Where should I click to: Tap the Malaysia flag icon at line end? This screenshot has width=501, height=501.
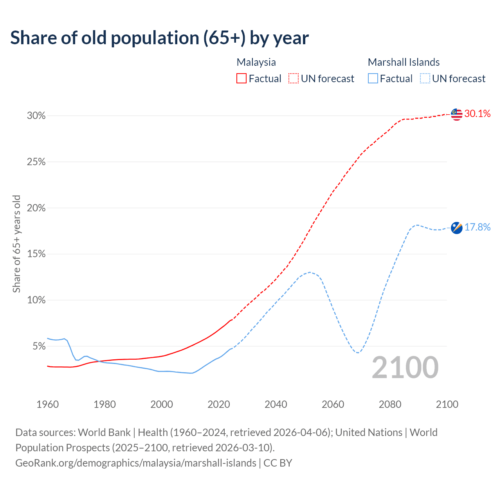point(456,114)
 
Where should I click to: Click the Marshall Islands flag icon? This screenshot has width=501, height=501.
point(456,227)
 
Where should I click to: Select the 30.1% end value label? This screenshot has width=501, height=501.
point(477,114)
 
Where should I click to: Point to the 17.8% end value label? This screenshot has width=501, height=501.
point(477,227)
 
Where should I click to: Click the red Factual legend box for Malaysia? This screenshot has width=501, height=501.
point(241,79)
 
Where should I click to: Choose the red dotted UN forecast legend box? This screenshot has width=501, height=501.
point(294,79)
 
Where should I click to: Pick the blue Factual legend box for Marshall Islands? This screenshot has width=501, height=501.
point(373,79)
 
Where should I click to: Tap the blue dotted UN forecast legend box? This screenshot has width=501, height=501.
point(425,79)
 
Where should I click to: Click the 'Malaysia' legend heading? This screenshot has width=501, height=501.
point(256,62)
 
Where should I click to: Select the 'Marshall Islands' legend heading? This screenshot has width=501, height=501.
point(404,62)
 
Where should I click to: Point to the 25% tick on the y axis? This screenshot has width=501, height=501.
point(36,162)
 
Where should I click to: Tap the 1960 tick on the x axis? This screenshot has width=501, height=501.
point(47,404)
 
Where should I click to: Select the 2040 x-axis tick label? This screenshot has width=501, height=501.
point(276,404)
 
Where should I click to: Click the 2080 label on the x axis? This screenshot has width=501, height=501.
point(390,404)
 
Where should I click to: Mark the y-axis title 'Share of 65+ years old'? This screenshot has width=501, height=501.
point(16,244)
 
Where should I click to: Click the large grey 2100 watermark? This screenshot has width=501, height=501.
point(405,368)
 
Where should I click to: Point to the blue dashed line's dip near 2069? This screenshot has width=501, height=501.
point(358,353)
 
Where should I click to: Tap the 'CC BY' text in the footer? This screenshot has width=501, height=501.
point(278,463)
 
